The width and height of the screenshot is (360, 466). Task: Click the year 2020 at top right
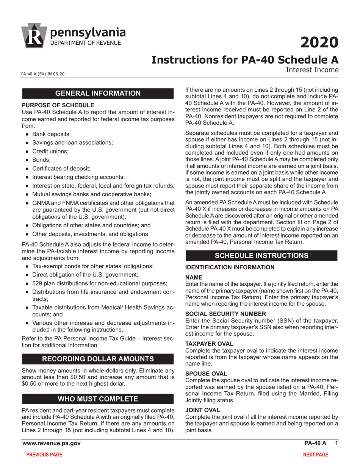pyautogui.click(x=319, y=42)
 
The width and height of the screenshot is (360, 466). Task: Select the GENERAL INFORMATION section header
pyautogui.click(x=98, y=94)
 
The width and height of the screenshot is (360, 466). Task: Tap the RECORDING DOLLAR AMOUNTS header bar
pyautogui.click(x=98, y=359)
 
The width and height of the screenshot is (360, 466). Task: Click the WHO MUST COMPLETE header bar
pyautogui.click(x=98, y=399)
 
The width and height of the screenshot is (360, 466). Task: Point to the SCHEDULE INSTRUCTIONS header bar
pyautogui.click(x=261, y=255)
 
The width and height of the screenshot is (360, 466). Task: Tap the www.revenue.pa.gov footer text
pyautogui.click(x=52, y=443)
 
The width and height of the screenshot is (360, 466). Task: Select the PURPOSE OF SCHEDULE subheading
pyautogui.click(x=58, y=105)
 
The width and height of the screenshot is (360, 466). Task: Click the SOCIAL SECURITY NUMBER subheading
pyautogui.click(x=226, y=313)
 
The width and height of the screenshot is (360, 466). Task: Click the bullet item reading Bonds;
pyautogui.click(x=41, y=160)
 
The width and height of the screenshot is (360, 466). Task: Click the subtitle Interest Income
pyautogui.click(x=312, y=70)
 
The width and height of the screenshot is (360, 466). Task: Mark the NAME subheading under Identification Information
pyautogui.click(x=194, y=277)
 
